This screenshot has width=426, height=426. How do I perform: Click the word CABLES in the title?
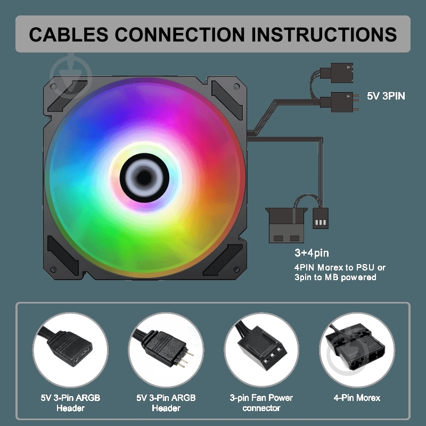[x=69, y=34]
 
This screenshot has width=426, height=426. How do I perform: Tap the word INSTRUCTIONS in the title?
[x=324, y=34]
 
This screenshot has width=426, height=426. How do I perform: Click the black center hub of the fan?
[x=144, y=178]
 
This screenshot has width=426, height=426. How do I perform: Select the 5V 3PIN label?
[x=386, y=96]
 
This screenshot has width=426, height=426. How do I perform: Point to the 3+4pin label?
[x=312, y=252]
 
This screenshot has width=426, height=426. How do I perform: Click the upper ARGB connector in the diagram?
[x=337, y=73]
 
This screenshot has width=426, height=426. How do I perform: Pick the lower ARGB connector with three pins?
[x=340, y=102]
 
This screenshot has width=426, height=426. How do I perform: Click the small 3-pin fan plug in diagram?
[x=321, y=218]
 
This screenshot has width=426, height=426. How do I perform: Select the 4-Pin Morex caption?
[x=357, y=398]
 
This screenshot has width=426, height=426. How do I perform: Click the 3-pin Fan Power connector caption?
[x=261, y=403]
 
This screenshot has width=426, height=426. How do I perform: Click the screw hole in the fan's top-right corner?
[x=236, y=86]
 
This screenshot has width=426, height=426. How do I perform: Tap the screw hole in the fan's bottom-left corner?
[x=54, y=269]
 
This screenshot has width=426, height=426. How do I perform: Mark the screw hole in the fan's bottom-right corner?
[x=236, y=269]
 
